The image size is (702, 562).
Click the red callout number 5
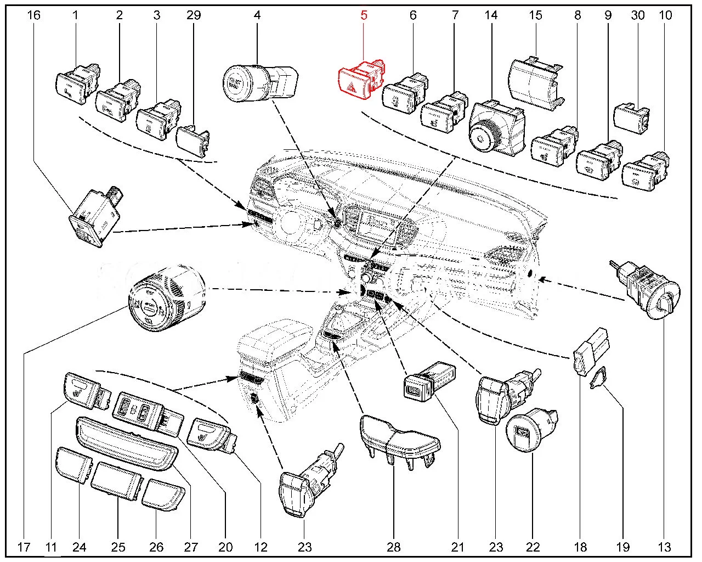364,15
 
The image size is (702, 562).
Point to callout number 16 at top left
33,15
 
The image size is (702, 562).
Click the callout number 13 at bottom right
665,547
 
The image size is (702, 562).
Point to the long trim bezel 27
128,443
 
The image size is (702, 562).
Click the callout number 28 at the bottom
394,547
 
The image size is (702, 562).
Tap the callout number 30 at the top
637,15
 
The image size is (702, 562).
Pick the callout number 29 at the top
194,15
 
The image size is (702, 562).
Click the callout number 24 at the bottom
79,547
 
